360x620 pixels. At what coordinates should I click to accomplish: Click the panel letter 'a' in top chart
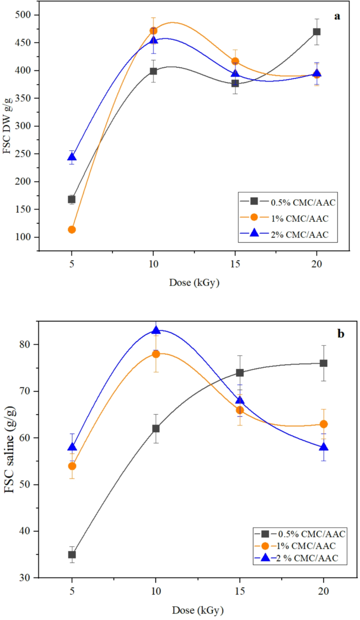337,16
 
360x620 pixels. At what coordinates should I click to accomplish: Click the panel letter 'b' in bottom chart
340,334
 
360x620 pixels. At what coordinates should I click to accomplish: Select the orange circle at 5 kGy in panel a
71,230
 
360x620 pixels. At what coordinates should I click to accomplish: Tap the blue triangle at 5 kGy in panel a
71,157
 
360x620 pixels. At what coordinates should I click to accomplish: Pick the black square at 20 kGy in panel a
316,32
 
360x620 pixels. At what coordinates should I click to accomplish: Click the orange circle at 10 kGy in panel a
153,31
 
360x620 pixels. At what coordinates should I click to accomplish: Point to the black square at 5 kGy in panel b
71,555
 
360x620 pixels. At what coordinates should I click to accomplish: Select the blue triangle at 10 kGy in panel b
156,330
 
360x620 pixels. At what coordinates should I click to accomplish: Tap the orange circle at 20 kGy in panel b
324,424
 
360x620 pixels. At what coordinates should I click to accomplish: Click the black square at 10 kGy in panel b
156,429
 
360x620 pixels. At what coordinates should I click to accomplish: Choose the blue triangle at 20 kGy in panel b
324,447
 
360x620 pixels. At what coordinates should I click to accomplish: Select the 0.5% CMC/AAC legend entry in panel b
307,534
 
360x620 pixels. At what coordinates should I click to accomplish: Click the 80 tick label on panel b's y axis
33,345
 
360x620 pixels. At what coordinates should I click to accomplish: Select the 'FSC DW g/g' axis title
11,126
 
